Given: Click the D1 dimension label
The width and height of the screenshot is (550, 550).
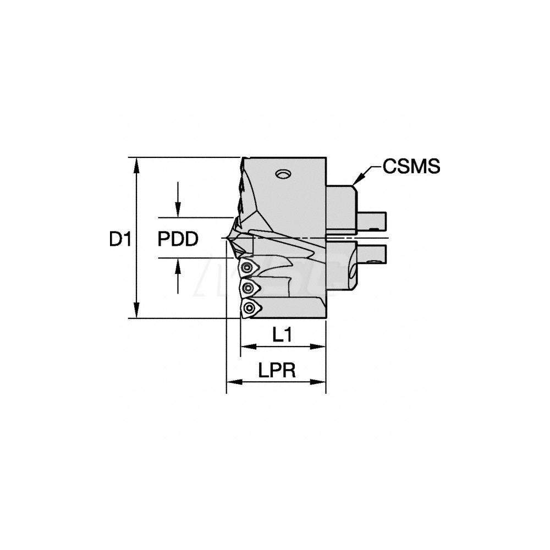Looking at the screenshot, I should tap(119, 239).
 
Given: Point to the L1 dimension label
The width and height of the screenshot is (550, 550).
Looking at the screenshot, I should tap(282, 335).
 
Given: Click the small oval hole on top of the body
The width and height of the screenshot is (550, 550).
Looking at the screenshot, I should tap(283, 174).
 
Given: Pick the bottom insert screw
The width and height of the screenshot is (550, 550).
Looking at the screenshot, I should tap(250, 308).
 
